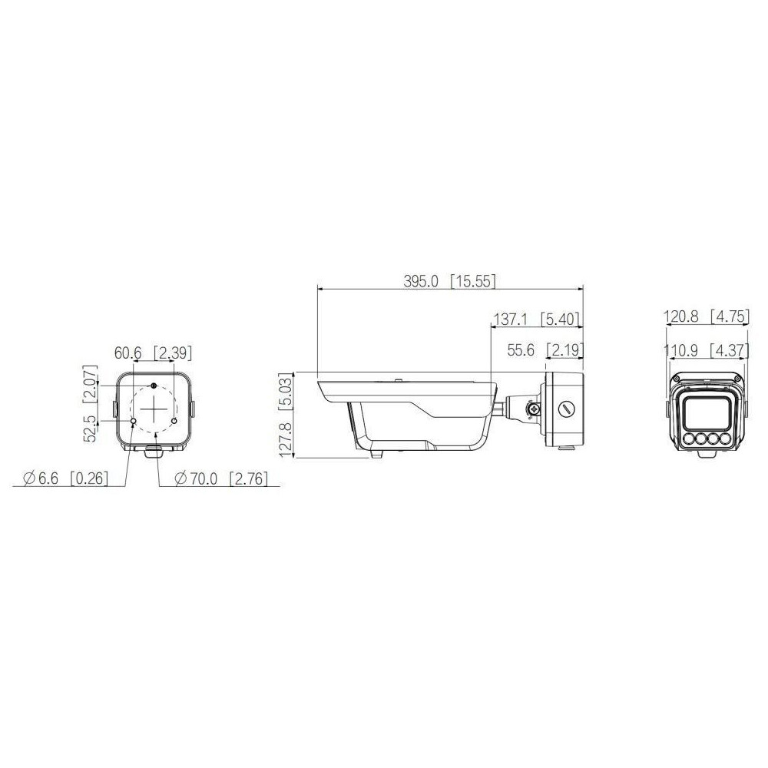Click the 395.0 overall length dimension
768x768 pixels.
421,282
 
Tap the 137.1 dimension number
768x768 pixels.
510,319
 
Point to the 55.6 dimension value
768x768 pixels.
521,350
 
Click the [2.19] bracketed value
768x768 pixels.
564,350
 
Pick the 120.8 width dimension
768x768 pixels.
680,316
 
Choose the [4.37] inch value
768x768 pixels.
730,350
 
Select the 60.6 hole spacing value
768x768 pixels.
127,353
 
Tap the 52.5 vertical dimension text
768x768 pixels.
91,429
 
